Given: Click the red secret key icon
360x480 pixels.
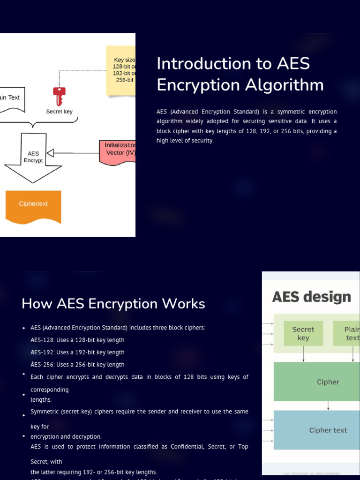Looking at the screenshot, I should point(59,96).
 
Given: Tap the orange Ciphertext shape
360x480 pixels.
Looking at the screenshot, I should point(33,205).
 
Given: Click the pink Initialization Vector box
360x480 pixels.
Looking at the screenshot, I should point(118,152).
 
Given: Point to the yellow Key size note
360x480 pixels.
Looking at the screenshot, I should point(121,70).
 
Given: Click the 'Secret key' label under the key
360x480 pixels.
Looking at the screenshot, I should point(59,112).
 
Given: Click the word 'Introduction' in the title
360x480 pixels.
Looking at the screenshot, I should point(204,63).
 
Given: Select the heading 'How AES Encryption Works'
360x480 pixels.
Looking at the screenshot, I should point(113,304).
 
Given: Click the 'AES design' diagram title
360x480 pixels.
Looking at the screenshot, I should point(311,297).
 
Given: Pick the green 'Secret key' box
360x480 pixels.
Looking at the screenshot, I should point(303,333).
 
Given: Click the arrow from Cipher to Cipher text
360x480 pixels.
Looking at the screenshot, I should point(328,405).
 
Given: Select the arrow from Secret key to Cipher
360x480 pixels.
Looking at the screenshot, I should point(303,353).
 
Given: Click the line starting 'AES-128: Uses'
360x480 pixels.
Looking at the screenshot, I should point(77,340).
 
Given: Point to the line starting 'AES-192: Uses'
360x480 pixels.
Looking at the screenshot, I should point(77,352).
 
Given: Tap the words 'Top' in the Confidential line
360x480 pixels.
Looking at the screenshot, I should point(243,447).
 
